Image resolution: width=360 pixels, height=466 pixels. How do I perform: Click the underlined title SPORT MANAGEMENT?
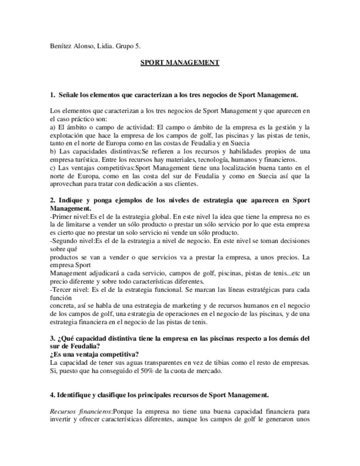(180, 63)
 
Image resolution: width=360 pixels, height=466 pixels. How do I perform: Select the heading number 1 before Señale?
(52, 95)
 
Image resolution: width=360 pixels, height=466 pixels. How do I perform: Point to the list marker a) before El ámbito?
(52, 126)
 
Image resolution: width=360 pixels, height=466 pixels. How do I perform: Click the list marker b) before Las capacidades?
(52, 149)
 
